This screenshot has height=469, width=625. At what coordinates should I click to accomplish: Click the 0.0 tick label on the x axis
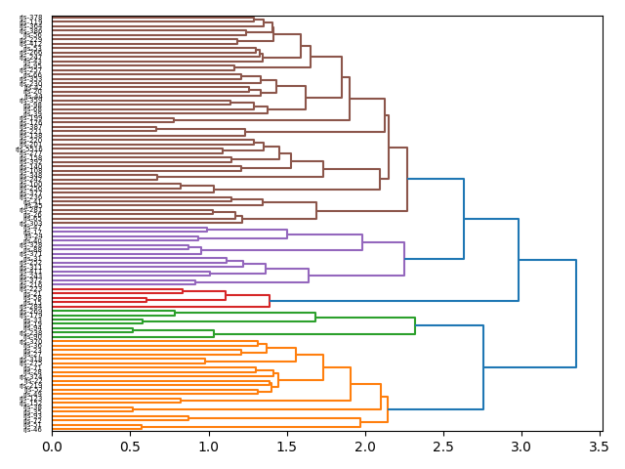coord(52,447)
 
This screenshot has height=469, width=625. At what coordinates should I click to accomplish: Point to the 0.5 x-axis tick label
coord(130,447)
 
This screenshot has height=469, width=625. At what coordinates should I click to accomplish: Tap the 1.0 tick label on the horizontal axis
coord(208,447)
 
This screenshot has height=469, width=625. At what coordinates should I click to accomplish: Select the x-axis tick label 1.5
coord(286,447)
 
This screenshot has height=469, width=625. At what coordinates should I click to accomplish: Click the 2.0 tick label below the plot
coord(364,447)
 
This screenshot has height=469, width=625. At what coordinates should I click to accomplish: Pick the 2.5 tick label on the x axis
coord(442,447)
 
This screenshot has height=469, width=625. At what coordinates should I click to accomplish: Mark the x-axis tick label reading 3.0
coord(521,447)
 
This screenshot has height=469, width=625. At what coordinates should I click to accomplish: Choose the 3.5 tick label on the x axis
coord(599,447)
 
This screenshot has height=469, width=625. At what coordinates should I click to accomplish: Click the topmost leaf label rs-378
coord(31,18)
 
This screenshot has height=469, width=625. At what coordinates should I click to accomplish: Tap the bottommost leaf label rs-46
coord(33,429)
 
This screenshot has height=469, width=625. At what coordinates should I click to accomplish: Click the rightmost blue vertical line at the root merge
coord(576,314)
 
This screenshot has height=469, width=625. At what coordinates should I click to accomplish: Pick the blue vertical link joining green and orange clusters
coord(483,367)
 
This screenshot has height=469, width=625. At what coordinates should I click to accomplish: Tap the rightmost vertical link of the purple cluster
coord(404,258)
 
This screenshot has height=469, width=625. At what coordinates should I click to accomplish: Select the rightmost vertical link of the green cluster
coord(415,325)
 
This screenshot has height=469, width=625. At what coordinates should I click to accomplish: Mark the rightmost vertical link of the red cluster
coord(270,297)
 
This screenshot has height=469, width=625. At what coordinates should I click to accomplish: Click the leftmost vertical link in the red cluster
coord(146,300)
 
